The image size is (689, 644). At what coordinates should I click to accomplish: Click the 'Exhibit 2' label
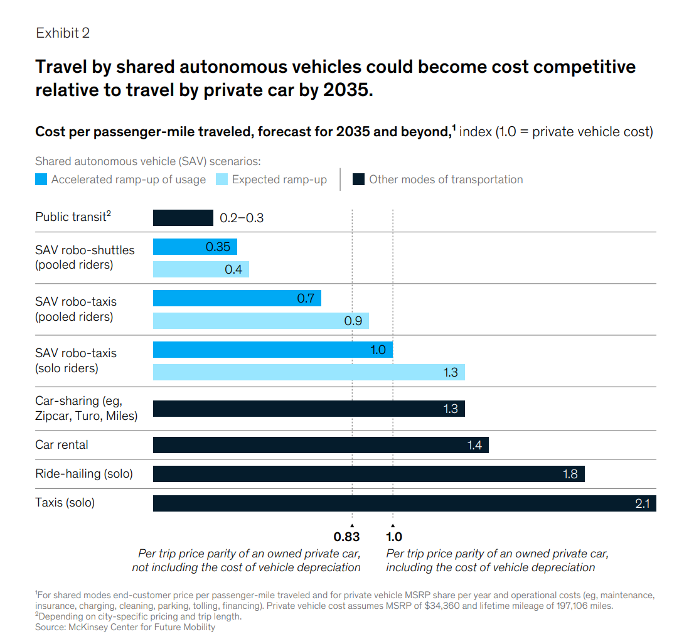[x=63, y=33]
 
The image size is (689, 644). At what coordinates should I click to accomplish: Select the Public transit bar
[x=183, y=218]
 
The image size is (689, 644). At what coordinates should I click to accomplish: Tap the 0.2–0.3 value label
[x=242, y=218]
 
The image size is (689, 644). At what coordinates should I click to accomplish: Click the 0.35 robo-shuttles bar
[x=195, y=247]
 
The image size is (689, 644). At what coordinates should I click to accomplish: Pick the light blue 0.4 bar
[x=201, y=269]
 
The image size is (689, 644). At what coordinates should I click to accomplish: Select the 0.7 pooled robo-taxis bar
[x=237, y=298]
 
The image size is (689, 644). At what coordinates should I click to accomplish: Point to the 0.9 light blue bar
[x=260, y=321]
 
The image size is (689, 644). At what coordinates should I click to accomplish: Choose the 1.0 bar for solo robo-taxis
[x=272, y=350]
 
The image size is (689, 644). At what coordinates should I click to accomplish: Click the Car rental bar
[x=321, y=445]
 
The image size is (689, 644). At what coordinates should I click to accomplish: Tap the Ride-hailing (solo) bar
[x=368, y=474]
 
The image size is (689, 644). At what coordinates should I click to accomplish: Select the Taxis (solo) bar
[x=404, y=503]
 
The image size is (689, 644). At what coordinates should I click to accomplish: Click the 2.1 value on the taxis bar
[x=642, y=503]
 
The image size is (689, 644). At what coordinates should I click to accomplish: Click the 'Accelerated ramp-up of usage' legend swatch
[x=41, y=180]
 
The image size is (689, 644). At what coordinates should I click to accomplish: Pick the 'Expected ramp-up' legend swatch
[x=222, y=180]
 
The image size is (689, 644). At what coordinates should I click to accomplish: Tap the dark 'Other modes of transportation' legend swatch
[x=358, y=180]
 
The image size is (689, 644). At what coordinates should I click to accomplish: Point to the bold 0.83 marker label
[x=346, y=537]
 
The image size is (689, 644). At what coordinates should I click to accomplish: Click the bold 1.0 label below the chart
[x=394, y=537]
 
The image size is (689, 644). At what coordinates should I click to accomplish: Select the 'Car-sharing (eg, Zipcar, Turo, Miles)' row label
[x=86, y=408]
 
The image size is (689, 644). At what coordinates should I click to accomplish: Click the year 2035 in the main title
[x=345, y=90]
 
